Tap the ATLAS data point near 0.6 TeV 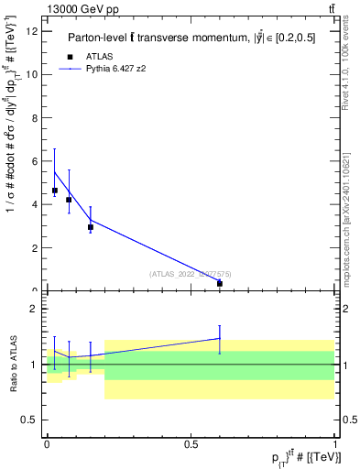click(220, 284)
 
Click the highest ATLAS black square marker click(55, 191)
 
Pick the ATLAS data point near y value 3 click(90, 227)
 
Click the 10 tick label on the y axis click(34, 75)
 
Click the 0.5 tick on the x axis click(191, 443)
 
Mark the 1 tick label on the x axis click(335, 443)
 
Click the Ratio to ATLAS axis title click(12, 364)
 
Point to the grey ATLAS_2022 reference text click(191, 273)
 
